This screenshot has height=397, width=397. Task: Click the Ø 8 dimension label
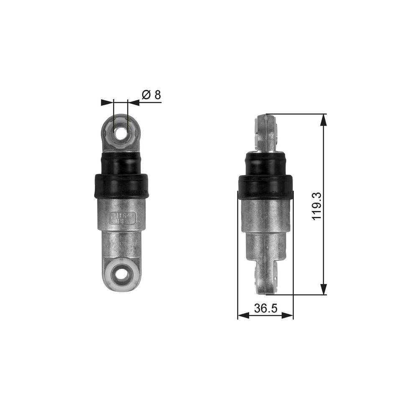tap(152, 95)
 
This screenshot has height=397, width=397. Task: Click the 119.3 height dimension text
tap(316, 205)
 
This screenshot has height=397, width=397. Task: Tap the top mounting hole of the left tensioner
tap(122, 134)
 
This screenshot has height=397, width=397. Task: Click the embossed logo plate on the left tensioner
tap(122, 217)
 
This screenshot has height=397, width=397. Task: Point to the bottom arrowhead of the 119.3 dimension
tap(323, 289)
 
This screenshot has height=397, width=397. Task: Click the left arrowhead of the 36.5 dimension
tap(243, 316)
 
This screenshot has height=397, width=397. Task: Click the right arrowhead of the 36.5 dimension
tap(288, 316)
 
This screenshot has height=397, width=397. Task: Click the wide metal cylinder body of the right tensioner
tap(265, 215)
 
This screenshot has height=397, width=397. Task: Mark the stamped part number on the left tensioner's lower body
tap(122, 245)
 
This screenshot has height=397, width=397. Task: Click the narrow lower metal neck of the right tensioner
tap(265, 249)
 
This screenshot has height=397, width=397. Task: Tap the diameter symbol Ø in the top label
tap(146, 95)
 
